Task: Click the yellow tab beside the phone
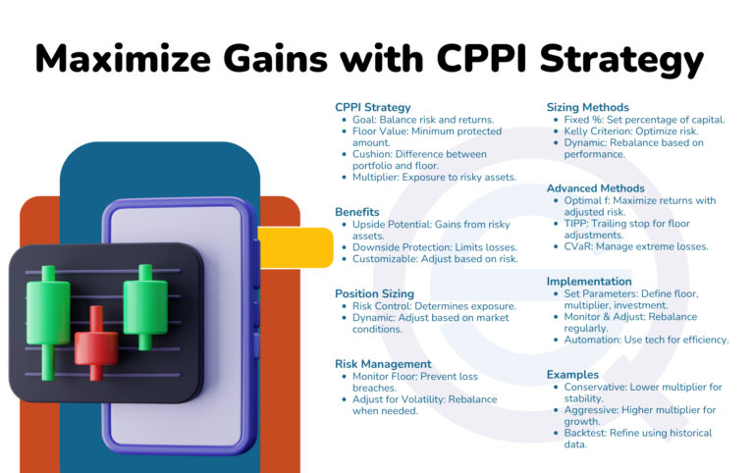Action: (295, 246)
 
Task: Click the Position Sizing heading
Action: (374, 292)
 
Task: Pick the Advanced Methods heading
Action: (596, 187)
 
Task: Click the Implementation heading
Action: (589, 282)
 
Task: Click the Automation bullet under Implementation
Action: (645, 340)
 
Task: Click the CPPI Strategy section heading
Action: (373, 106)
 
